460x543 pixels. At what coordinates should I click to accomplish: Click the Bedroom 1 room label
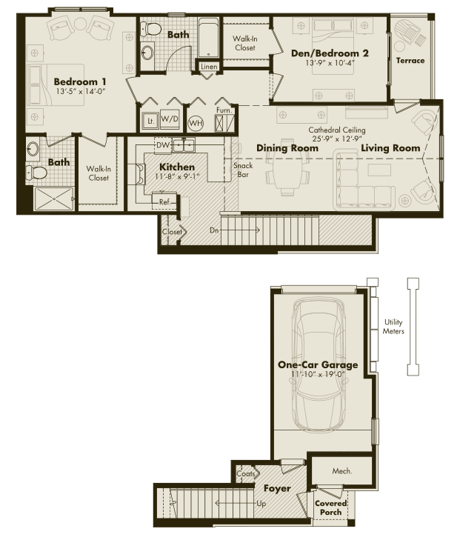point(80,82)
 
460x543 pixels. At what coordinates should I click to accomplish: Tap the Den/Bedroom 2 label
point(330,53)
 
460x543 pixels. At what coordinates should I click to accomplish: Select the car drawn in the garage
point(319,364)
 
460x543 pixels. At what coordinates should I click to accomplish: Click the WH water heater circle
point(196,123)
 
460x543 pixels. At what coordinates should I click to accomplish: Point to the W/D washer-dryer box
point(170,119)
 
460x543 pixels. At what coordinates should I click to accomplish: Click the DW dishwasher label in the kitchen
point(162,145)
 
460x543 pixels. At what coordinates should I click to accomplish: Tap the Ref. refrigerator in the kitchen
point(164,201)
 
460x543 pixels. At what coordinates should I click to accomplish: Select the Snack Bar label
point(243,170)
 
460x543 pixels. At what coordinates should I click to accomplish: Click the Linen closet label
point(209,67)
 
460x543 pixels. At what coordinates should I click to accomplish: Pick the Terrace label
point(410,61)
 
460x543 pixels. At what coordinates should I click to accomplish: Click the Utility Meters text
point(393,327)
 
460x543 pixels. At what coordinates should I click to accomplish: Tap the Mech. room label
point(342,471)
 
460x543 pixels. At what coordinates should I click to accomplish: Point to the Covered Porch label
point(330,507)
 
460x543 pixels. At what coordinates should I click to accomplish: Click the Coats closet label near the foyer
point(246,473)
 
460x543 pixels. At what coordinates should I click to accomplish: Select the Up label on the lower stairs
point(261,503)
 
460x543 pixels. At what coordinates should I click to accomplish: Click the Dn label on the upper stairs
point(214,230)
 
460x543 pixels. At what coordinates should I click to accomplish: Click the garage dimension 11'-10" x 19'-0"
point(318,374)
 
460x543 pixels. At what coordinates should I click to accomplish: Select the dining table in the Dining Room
point(287,167)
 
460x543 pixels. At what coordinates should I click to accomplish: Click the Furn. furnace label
point(224,110)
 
